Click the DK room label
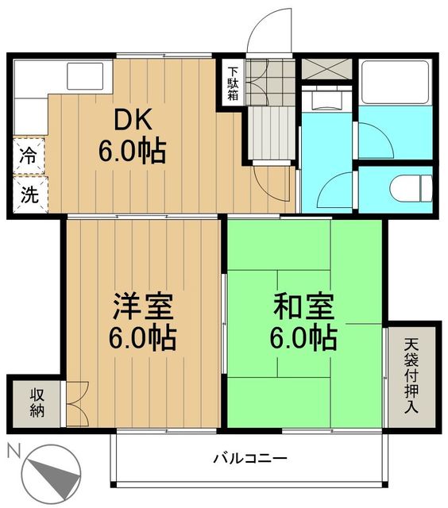coord(132,121)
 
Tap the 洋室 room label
coord(143,306)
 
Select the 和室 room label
coord(304,306)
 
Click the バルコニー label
coord(249,458)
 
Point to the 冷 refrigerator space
coord(28,156)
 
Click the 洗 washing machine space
coord(28,194)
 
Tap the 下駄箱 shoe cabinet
coord(232,81)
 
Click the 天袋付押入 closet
coord(411,373)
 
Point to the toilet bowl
coord(411,188)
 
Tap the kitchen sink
coord(84,77)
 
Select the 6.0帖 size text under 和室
coord(304,338)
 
